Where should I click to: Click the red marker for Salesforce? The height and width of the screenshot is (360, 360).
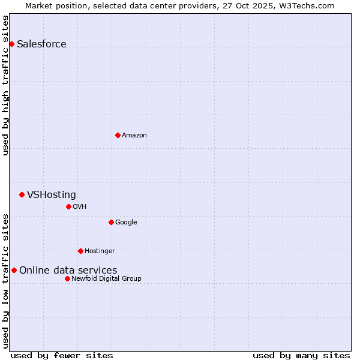click(11, 44)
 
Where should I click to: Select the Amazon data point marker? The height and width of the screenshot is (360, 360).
click(118, 135)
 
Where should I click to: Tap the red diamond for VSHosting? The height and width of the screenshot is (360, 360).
click(22, 194)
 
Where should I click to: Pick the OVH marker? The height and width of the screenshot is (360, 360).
click(68, 206)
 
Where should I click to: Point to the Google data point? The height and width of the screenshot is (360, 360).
click(111, 222)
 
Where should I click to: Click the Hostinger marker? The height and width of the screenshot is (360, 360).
click(80, 251)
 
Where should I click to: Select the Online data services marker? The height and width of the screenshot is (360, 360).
click(14, 270)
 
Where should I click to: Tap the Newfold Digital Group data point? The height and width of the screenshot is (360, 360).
click(67, 278)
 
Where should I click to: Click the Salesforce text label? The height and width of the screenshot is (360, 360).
click(41, 44)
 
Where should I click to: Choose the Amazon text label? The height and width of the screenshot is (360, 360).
click(134, 135)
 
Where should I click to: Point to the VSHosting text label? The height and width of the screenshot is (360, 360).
click(52, 194)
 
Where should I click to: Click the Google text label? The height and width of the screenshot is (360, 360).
click(126, 222)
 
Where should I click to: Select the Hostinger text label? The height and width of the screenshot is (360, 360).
click(100, 251)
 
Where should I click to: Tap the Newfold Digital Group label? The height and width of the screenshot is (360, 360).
click(106, 278)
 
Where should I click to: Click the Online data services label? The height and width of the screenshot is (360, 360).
click(68, 270)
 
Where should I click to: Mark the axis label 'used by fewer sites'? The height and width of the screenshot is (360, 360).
click(62, 355)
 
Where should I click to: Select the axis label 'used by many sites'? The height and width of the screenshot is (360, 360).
click(301, 355)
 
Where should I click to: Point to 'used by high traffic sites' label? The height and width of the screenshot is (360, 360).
click(5, 85)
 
